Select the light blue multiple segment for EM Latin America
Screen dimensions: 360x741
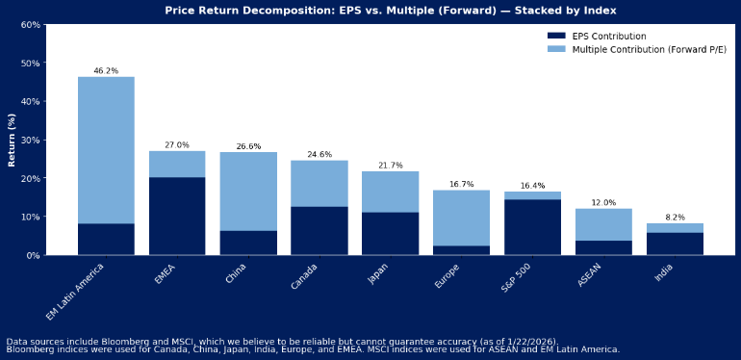pos(106,149)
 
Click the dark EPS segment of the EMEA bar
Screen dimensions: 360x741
pos(177,216)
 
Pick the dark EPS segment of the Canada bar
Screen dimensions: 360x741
pos(319,230)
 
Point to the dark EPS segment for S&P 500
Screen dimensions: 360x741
pos(532,227)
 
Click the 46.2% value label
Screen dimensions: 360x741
pos(106,71)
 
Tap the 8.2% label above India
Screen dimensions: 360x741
pos(675,218)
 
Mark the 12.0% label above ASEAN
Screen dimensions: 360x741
pos(603,203)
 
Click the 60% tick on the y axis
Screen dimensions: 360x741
pos(31,24)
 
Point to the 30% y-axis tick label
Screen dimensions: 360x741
pos(31,140)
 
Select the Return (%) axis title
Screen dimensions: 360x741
pos(12,140)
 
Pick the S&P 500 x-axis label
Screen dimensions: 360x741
pos(518,279)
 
